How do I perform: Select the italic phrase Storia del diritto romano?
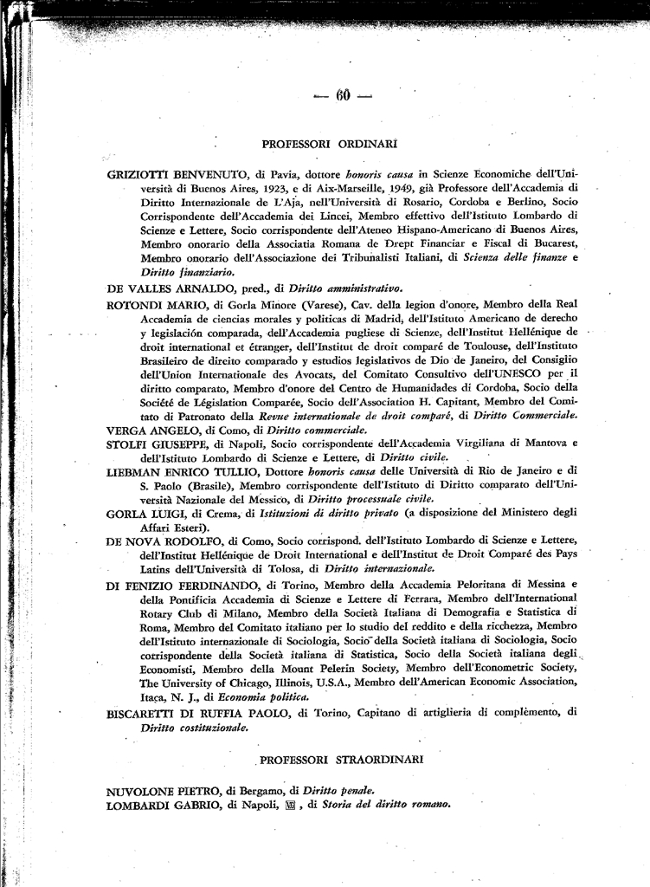click(x=385, y=805)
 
